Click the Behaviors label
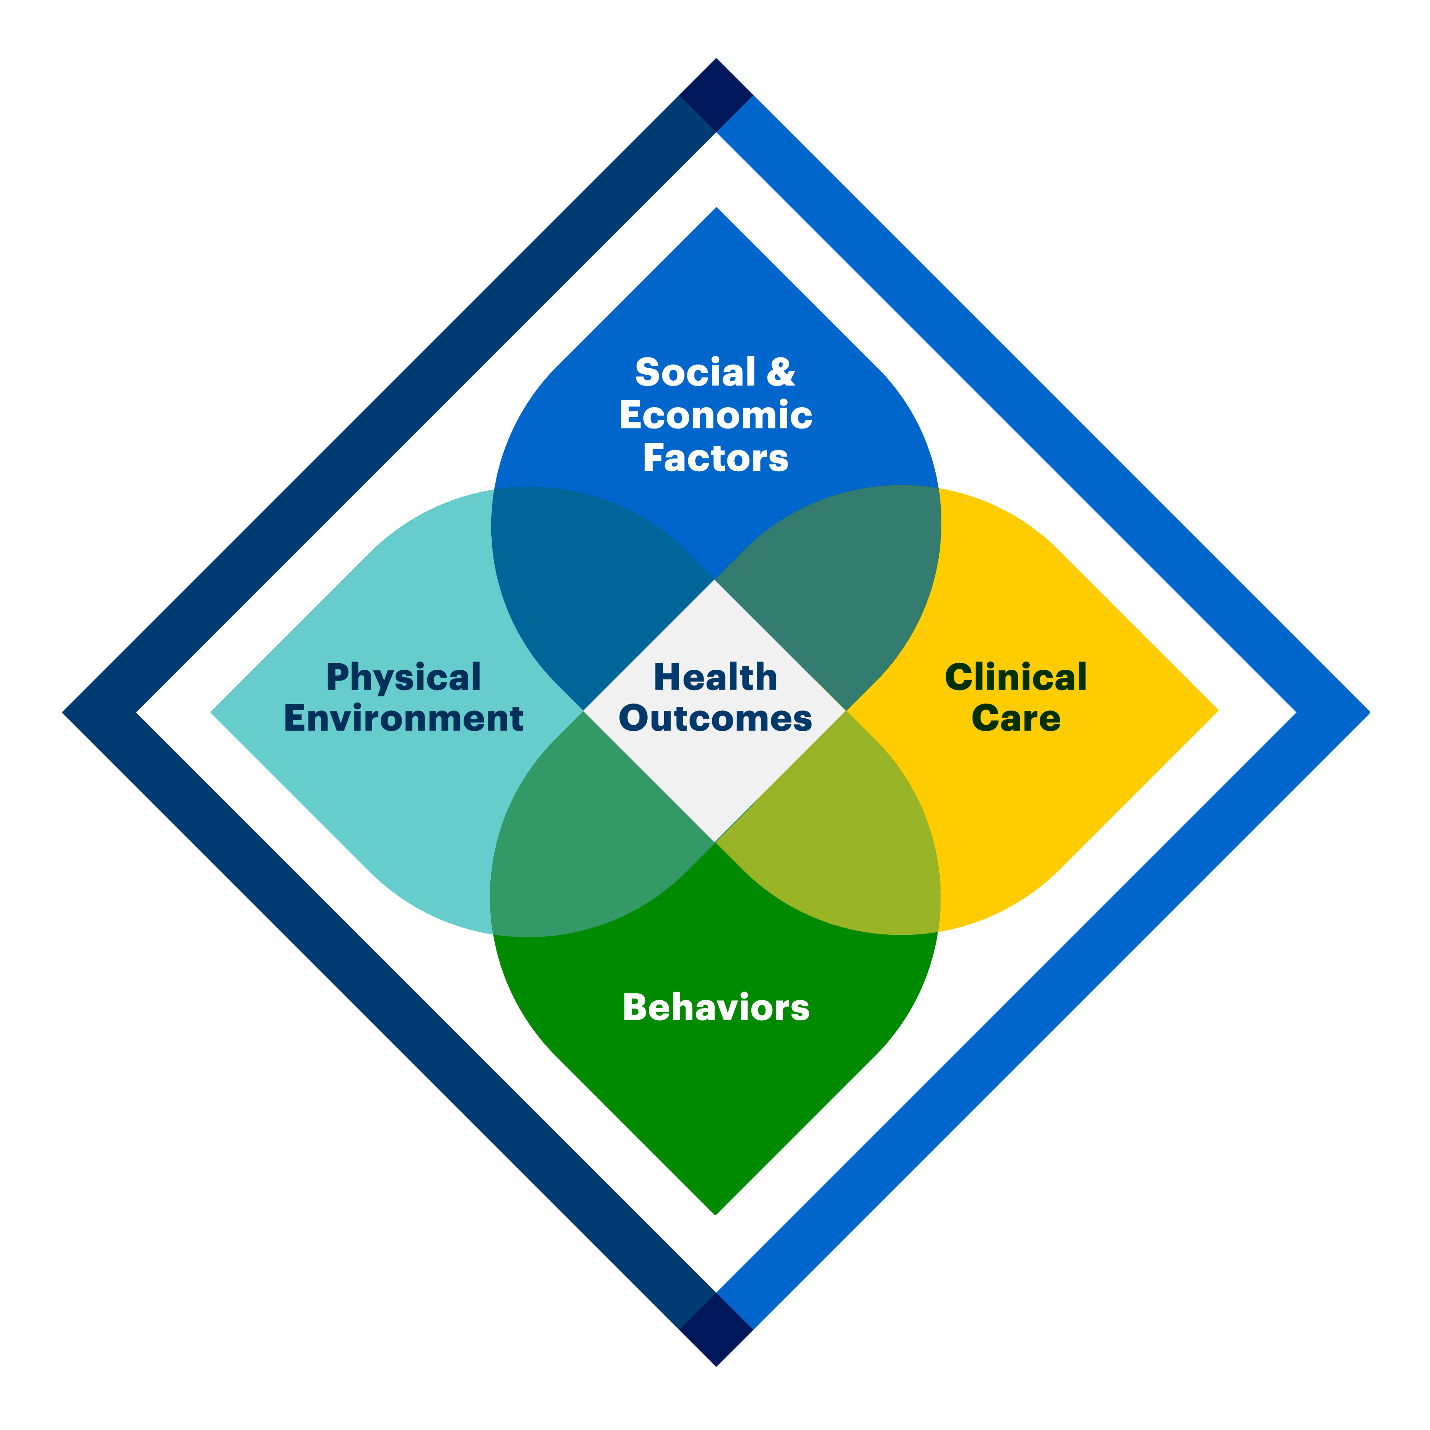coord(716,1007)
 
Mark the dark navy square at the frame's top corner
coord(716,95)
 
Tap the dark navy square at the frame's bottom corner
coord(716,1329)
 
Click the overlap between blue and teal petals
coord(585,585)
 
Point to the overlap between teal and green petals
coord(585,844)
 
